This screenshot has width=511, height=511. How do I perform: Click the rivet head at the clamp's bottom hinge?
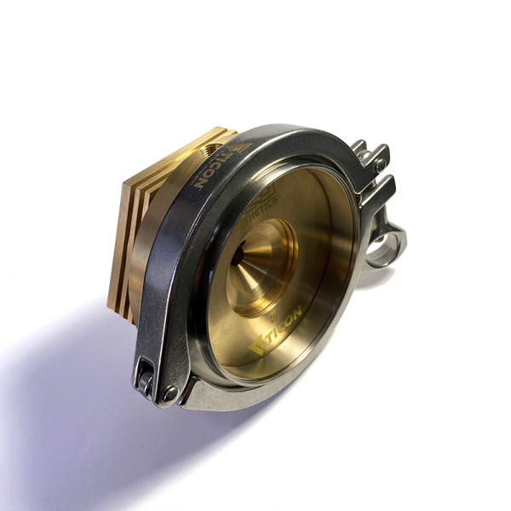tap(171, 393)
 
